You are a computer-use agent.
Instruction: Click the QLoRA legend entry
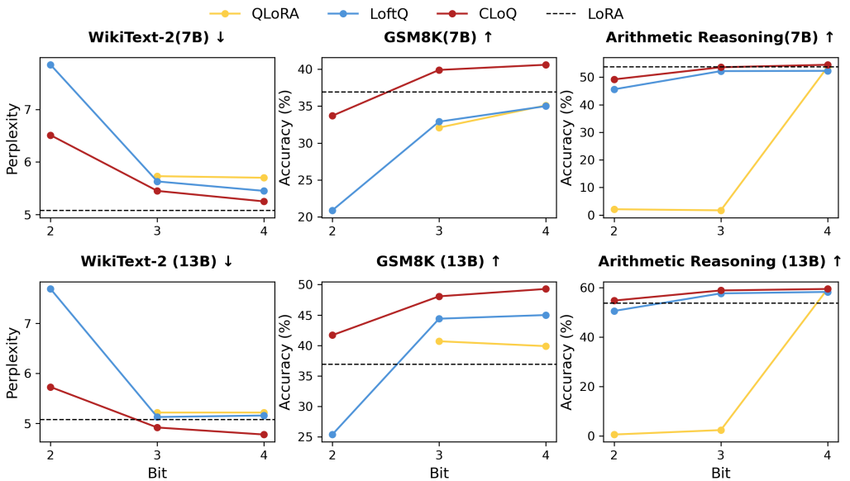(260, 13)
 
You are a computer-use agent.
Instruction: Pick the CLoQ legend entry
(480, 13)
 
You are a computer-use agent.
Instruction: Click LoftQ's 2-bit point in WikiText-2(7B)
(50, 64)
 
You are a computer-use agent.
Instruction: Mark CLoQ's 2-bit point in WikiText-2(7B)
(50, 136)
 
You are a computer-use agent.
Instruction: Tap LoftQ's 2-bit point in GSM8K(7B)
(332, 211)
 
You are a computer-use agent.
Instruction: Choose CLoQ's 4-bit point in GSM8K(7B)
(546, 64)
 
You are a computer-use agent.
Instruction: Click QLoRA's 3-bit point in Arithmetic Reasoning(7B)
(721, 211)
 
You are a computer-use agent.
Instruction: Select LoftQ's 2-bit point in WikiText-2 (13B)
(50, 288)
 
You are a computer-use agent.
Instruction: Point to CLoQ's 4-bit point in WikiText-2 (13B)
(264, 435)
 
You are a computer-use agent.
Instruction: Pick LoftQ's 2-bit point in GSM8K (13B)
(332, 435)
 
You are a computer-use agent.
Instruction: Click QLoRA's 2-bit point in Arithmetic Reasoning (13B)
(614, 435)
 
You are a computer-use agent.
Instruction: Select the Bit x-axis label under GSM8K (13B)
(439, 473)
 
